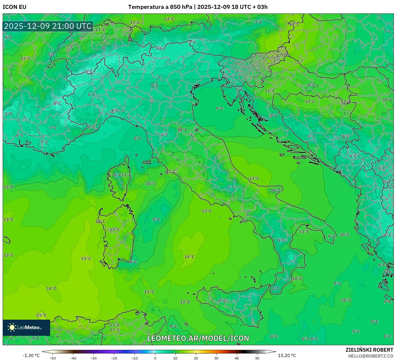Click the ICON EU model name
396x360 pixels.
[15, 7]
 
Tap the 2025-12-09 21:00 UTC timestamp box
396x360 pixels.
[48, 26]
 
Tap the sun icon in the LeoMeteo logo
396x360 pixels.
[12, 327]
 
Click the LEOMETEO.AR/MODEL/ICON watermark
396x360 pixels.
[198, 338]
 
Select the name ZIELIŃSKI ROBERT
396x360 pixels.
[369, 350]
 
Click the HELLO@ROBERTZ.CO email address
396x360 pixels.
[371, 356]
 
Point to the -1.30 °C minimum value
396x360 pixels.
[31, 355]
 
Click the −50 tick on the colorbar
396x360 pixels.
[53, 358]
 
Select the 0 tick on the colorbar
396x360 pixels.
[155, 358]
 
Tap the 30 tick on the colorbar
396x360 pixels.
[216, 358]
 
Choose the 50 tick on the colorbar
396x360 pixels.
[257, 358]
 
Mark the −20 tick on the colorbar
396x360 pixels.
[114, 358]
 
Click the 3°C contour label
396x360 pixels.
[192, 42]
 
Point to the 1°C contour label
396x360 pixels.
[159, 48]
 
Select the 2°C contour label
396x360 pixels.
[8, 114]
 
